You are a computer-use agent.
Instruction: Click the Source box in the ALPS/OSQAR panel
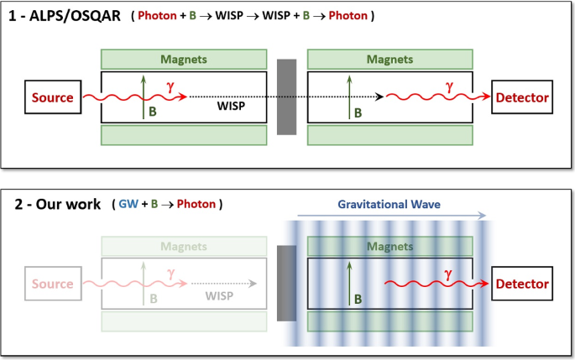coord(52,98)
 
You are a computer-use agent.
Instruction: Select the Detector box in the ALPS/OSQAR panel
coord(522,98)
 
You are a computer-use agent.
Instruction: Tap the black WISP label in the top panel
coord(231,107)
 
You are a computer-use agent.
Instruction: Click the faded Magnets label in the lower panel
coord(184,247)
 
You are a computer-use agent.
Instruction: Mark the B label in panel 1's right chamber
coord(358,112)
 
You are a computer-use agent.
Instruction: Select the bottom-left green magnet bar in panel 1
coord(184,135)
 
